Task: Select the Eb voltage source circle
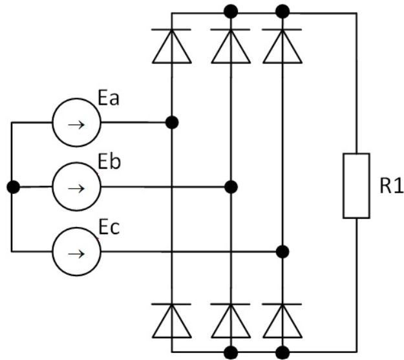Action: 76,187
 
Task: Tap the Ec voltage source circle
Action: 76,251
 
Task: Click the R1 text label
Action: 388,188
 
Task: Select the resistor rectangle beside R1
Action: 356,185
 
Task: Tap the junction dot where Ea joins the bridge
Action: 172,122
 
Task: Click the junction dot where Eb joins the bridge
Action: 231,187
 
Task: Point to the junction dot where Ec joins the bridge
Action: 282,251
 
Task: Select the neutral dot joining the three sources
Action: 12,187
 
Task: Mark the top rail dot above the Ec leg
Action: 282,11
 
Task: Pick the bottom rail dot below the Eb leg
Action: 231,352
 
